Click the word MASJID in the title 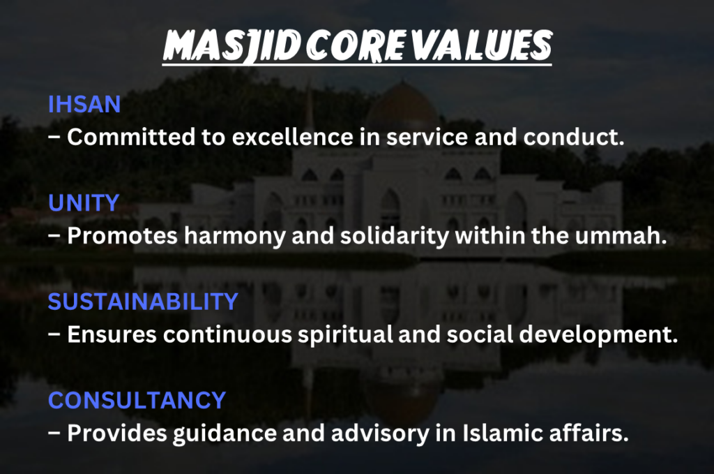coord(232,46)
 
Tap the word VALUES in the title coord(481,45)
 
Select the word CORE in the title coord(355,45)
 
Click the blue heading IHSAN coord(84,105)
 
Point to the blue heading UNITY coord(84,203)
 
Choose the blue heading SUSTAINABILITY coord(143,302)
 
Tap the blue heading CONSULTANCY coord(137,400)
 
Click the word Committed coord(132,137)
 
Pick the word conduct coord(574,137)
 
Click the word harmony coord(234,236)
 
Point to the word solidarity coord(395,236)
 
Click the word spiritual coord(345,335)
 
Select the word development coord(598,335)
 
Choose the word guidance coord(225,434)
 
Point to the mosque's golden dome coord(402,105)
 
